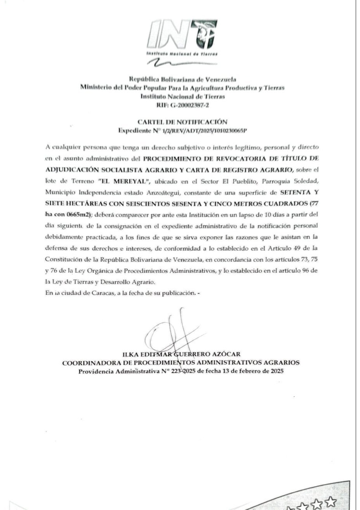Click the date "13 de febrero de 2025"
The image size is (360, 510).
252,371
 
